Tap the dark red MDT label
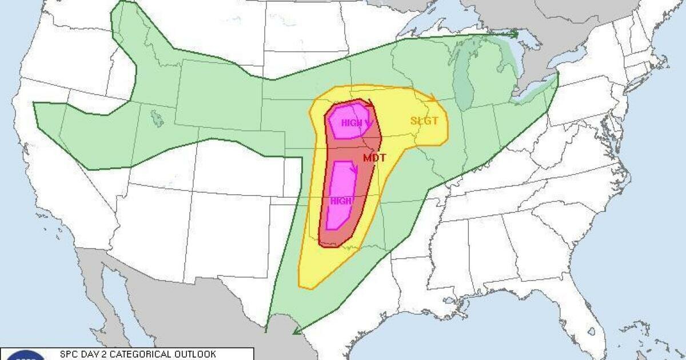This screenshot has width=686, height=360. (x=374, y=157)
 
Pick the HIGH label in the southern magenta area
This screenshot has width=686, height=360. (x=341, y=201)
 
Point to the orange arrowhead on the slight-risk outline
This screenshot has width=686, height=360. (x=433, y=98)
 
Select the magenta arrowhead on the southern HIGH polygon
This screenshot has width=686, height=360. (x=354, y=169)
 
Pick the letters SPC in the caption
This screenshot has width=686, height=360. (x=69, y=354)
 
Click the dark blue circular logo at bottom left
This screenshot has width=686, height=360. (x=26, y=356)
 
